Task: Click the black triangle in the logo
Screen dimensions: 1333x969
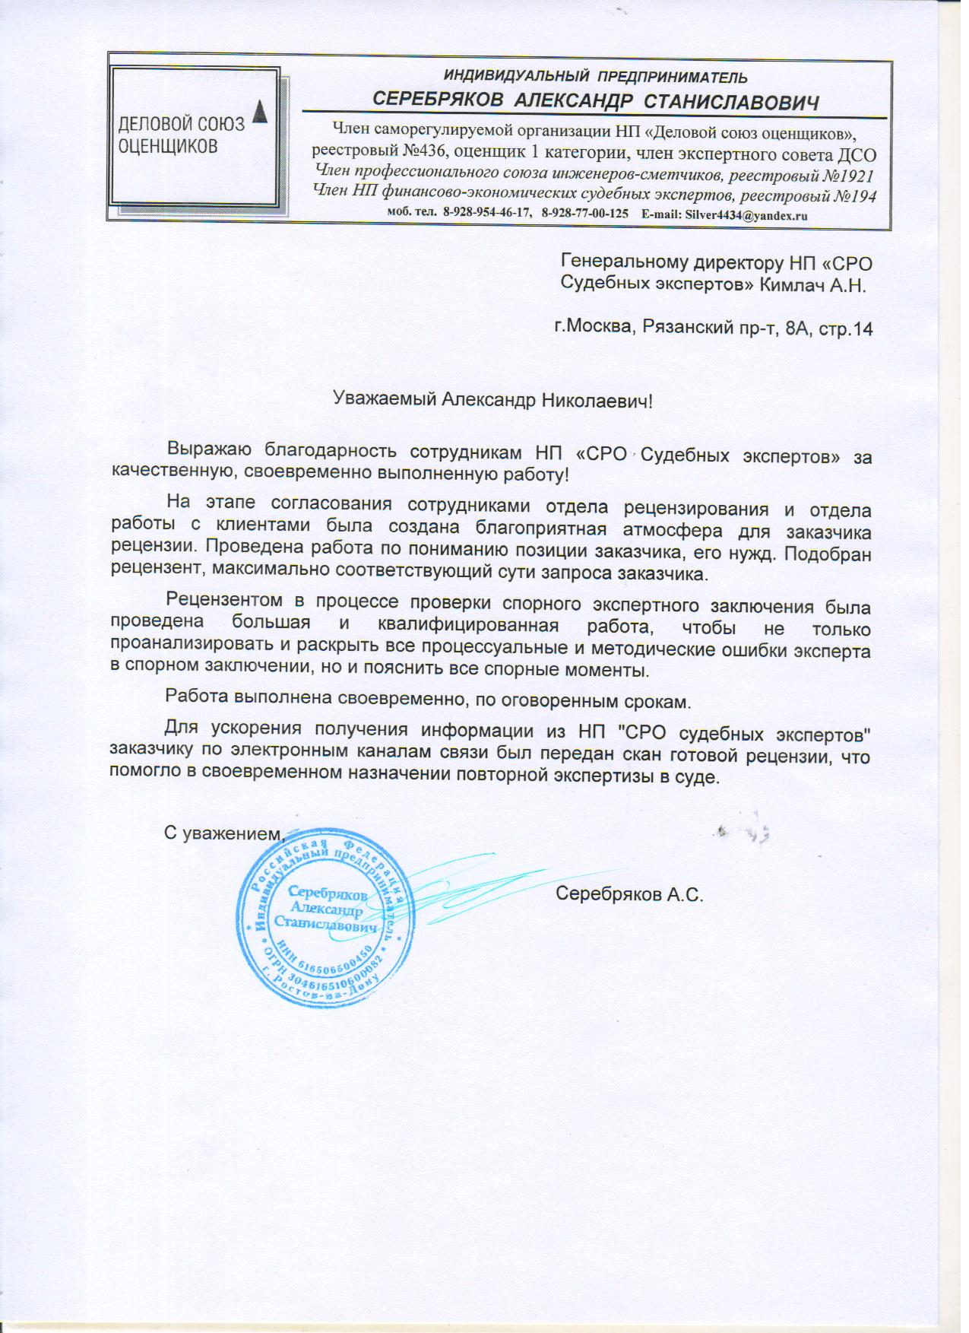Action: coord(261,111)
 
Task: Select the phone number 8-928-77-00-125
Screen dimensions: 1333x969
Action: coord(584,215)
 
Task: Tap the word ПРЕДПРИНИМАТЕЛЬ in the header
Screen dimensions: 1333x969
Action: coord(672,78)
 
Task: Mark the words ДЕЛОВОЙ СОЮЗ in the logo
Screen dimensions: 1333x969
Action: coord(181,124)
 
